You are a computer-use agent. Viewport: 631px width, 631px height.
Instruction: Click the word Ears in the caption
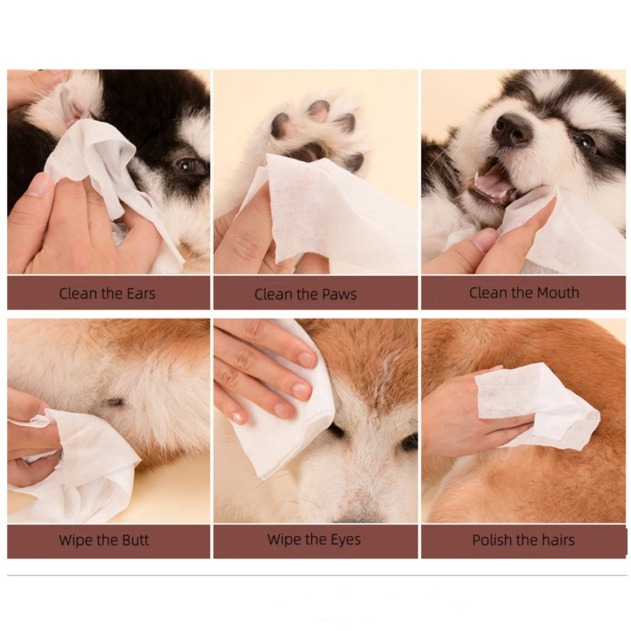pos(141,293)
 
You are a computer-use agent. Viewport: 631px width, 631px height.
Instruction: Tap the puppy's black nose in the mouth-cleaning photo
pos(510,129)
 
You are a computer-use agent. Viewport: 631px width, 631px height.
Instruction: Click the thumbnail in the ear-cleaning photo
pos(39,184)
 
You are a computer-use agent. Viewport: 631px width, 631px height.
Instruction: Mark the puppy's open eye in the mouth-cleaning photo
pos(585,141)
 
